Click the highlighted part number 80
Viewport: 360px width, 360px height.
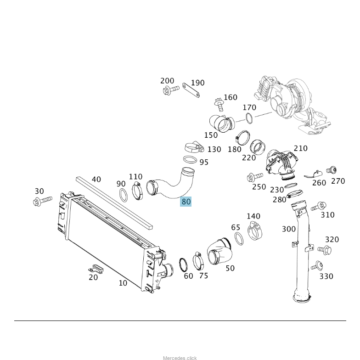[186, 201]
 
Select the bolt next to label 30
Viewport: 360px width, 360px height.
[42, 201]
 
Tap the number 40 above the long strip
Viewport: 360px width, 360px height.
[96, 179]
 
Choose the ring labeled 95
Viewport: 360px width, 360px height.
[190, 160]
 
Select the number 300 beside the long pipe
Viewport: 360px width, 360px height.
[289, 229]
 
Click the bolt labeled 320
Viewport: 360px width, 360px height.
[325, 250]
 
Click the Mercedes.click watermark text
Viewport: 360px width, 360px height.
[180, 358]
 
